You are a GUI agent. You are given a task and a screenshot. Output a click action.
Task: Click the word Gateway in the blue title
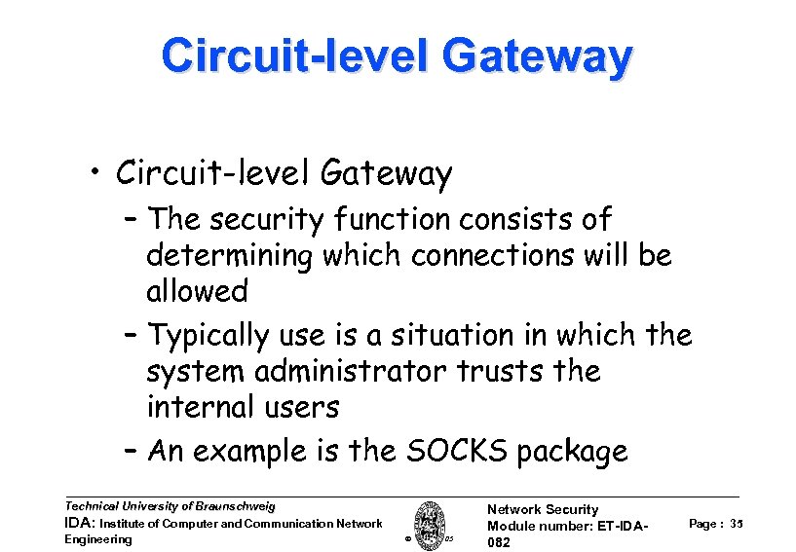pos(537,56)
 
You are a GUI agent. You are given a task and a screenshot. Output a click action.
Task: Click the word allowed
pos(197,291)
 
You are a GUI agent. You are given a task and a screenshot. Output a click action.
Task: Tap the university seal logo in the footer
pos(429,525)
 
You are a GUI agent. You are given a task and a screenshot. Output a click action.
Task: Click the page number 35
pos(737,524)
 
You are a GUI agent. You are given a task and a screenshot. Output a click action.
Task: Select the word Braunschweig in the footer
pos(235,506)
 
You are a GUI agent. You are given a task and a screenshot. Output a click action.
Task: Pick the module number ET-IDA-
pos(624,527)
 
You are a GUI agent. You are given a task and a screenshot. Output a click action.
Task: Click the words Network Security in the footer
pos(543,509)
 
